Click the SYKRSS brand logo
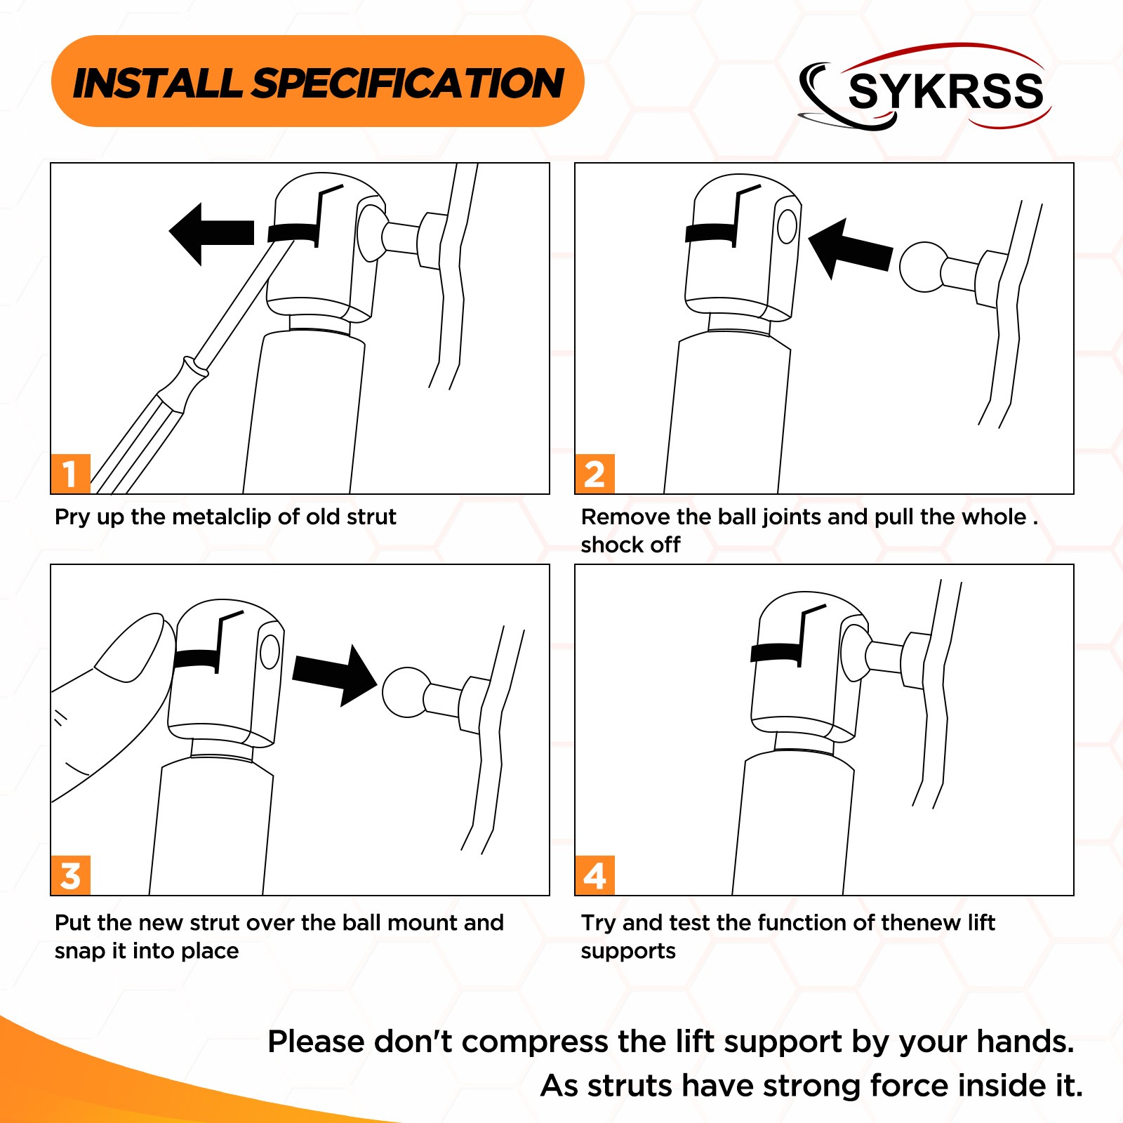pos(925,88)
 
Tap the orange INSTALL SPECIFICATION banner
pos(317,81)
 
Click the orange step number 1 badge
pos(70,474)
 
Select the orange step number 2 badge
pos(594,474)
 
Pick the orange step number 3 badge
pos(70,875)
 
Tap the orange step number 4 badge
pos(594,875)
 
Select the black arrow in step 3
pos(335,675)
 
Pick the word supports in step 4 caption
pos(628,952)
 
